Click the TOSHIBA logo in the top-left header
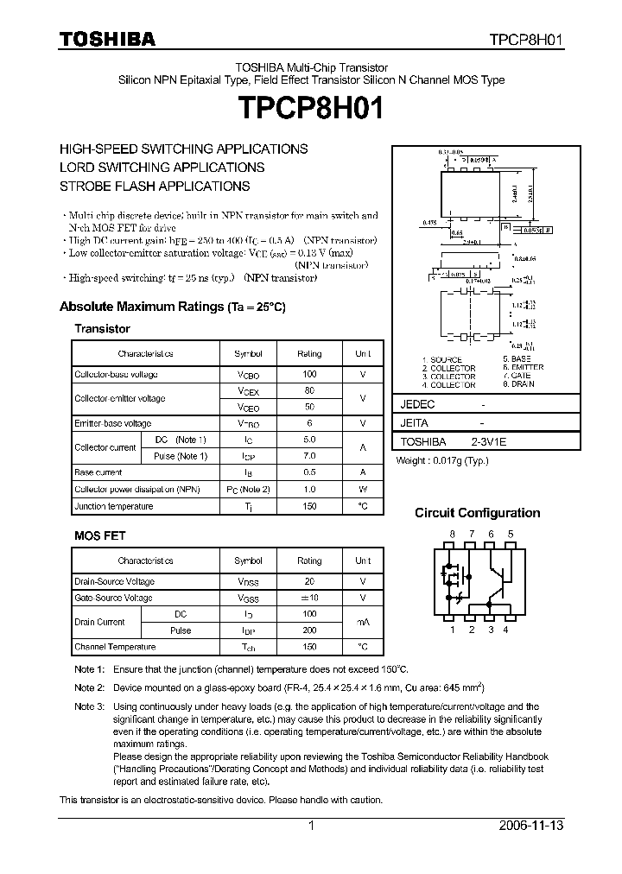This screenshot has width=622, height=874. click(x=107, y=39)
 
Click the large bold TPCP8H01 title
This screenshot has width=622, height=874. click(x=311, y=111)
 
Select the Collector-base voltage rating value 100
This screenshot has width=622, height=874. click(x=309, y=375)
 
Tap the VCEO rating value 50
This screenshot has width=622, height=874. click(x=309, y=406)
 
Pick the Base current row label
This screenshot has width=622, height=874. click(x=96, y=472)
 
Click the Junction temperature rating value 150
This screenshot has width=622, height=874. click(x=309, y=506)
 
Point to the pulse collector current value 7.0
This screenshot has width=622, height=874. click(x=309, y=456)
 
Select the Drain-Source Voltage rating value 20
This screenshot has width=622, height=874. click(x=309, y=581)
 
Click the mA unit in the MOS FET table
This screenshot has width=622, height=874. click(x=363, y=622)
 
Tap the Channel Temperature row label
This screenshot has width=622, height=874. click(x=115, y=647)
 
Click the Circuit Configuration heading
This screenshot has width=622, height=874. click(x=477, y=513)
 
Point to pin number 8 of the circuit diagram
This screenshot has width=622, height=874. click(x=452, y=535)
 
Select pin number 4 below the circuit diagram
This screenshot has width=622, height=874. click(x=505, y=630)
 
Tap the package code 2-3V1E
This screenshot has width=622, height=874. click(x=488, y=441)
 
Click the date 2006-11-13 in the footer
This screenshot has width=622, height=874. click(x=532, y=826)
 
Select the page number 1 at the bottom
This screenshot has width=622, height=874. click(x=310, y=826)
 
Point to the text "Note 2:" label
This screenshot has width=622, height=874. click(x=89, y=687)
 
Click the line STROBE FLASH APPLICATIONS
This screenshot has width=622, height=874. click(x=155, y=186)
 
